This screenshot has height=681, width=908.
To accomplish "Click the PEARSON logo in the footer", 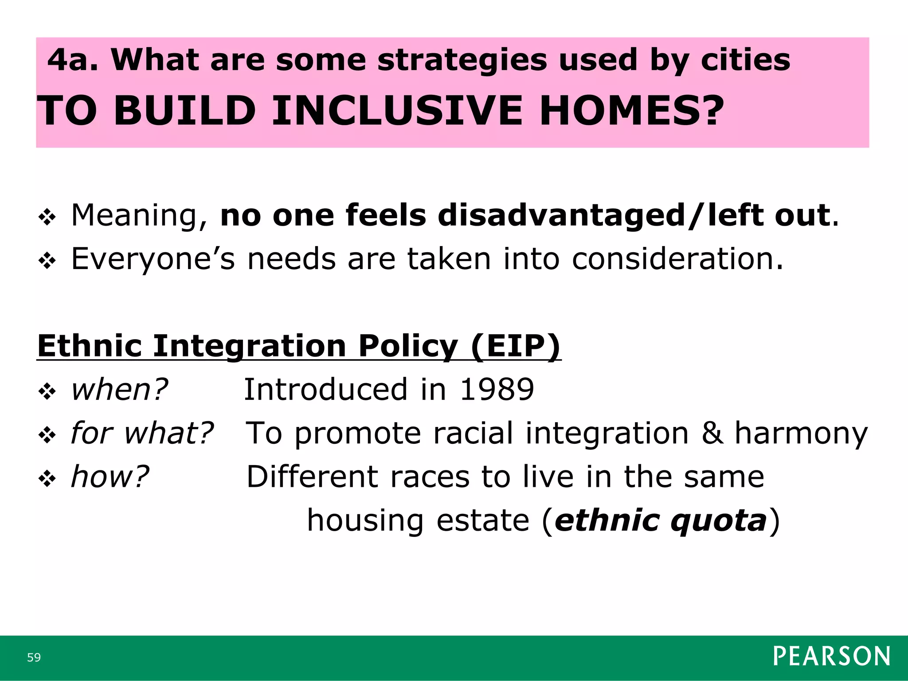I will [x=831, y=656].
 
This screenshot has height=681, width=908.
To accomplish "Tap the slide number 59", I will [x=34, y=658].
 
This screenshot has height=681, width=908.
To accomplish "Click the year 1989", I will [x=497, y=389].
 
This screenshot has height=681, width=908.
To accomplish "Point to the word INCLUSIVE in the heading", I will [x=397, y=110].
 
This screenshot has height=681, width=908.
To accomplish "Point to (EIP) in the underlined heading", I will [x=516, y=346].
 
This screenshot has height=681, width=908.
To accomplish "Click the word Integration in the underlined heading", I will [x=249, y=347].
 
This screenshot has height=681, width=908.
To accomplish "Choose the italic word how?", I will [x=110, y=477].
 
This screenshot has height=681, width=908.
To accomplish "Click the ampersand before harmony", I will [x=712, y=433].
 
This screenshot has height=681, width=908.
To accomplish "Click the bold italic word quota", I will [x=718, y=521].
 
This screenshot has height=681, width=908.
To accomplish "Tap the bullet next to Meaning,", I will [x=47, y=217].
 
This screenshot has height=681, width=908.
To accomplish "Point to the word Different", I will [x=312, y=477].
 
